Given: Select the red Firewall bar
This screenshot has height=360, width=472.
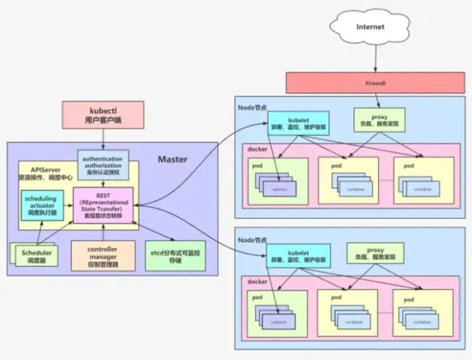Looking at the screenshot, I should (x=375, y=83).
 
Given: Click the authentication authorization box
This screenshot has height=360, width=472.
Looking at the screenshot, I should (x=103, y=165).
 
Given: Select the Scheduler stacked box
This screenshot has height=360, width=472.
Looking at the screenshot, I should (x=38, y=256).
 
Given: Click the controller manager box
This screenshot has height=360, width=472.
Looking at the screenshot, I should (x=103, y=255).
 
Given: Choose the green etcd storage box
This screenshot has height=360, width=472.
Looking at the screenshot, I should (x=175, y=255).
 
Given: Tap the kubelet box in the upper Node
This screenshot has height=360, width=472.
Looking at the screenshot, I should (x=299, y=122).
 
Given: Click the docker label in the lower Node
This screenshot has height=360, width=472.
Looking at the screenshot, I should (x=258, y=283).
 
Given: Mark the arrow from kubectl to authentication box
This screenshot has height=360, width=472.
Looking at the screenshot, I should (x=103, y=138).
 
